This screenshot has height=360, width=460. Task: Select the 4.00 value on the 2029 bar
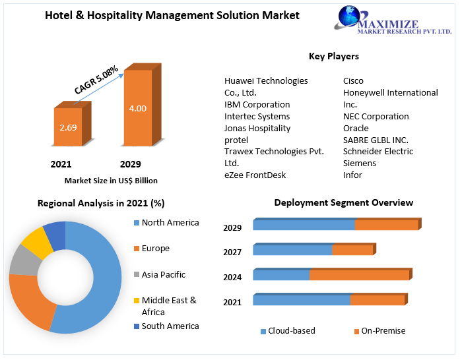(138, 108)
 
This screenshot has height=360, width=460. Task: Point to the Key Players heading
(334, 57)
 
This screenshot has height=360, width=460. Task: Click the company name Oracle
(356, 128)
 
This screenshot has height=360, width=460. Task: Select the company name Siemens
(360, 163)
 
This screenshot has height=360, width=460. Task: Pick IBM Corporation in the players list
(257, 104)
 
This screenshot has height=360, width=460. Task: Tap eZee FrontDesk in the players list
(255, 175)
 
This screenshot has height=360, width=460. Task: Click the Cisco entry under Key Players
(353, 80)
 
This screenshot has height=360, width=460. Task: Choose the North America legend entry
(170, 223)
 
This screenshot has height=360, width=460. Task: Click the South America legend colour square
(136, 326)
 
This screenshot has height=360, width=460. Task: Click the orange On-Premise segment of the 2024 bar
(359, 275)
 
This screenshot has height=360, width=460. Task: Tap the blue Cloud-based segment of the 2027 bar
(292, 250)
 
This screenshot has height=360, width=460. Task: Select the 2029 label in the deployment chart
(232, 227)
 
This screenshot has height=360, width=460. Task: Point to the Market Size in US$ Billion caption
(111, 180)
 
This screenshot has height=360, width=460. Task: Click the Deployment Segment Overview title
(343, 202)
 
